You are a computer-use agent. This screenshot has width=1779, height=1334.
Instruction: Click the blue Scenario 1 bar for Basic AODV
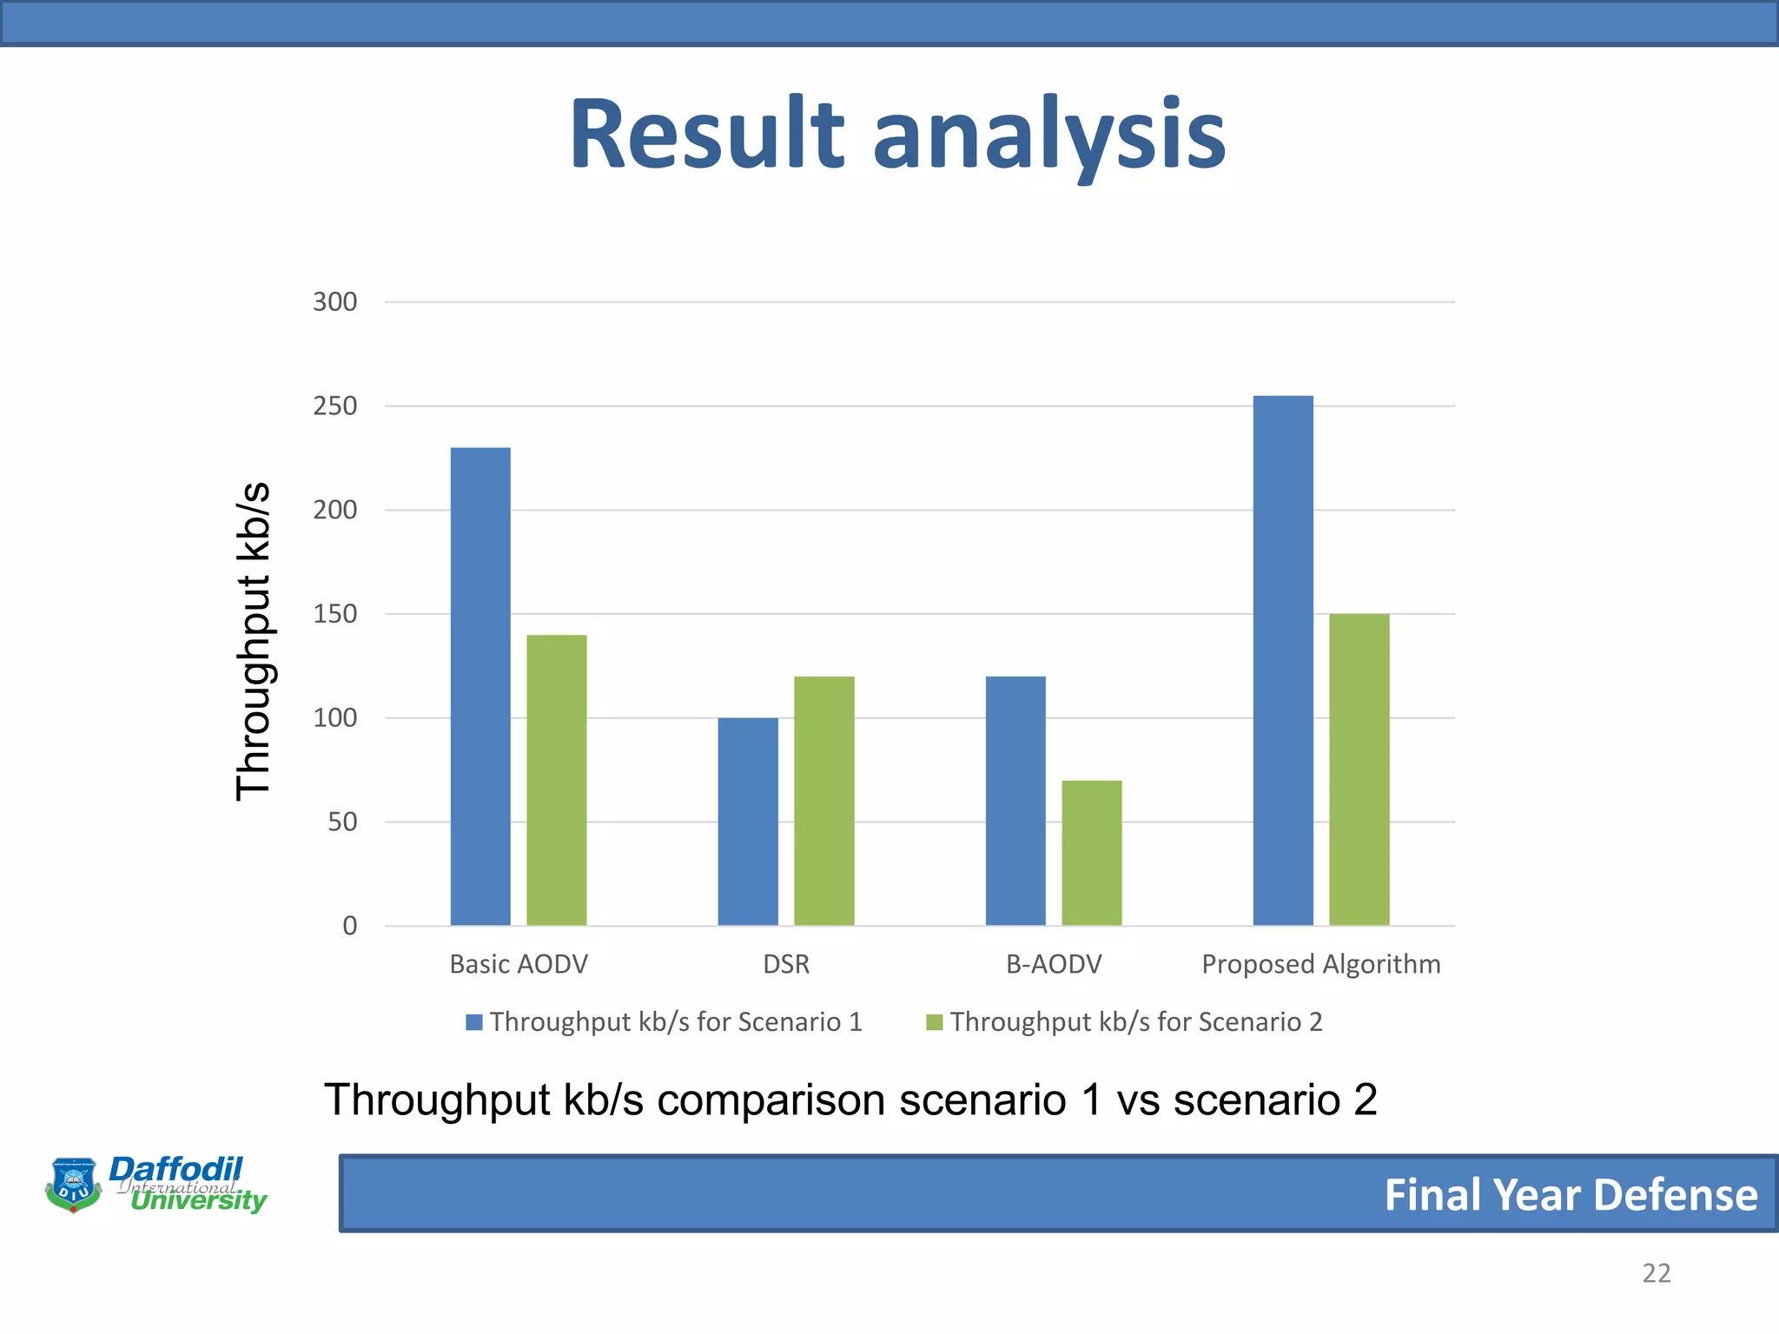tap(480, 686)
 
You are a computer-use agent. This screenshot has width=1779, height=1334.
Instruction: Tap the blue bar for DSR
tap(748, 822)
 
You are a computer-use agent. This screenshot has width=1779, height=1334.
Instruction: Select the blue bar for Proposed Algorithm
tap(1283, 660)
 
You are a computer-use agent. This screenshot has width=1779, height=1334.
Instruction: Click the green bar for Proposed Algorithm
tap(1359, 769)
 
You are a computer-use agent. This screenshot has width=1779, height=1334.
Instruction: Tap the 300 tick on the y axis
tap(335, 302)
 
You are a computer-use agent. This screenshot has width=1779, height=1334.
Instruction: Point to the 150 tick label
tap(335, 614)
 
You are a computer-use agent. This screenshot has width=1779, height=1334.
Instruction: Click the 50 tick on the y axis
tap(342, 822)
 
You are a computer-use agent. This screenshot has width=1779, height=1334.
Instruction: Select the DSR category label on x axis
tap(786, 964)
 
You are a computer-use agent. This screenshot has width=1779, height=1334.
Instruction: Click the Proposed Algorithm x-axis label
tap(1320, 964)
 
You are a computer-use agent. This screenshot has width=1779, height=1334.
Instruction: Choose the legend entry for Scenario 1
tap(665, 1022)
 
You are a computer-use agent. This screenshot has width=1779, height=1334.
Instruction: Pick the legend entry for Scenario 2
tap(1125, 1022)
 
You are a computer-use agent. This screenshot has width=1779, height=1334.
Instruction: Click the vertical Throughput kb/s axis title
tap(254, 641)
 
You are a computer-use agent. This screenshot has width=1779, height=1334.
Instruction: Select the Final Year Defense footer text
tap(1571, 1194)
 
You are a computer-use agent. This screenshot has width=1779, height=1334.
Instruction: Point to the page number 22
tap(1656, 1273)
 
